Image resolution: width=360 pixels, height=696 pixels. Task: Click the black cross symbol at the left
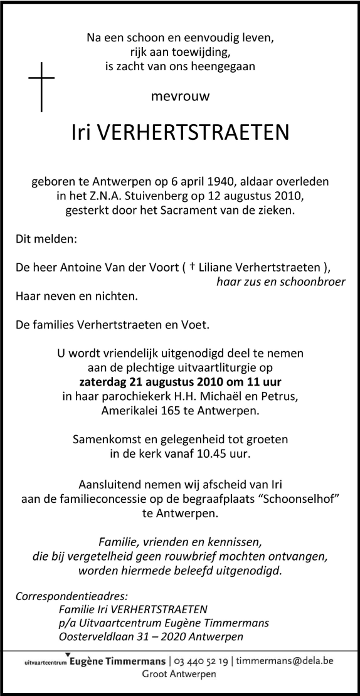[x=41, y=86]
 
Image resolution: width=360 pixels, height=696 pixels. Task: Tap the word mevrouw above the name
[x=180, y=97]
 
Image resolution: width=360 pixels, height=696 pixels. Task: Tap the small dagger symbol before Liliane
[x=193, y=266]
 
